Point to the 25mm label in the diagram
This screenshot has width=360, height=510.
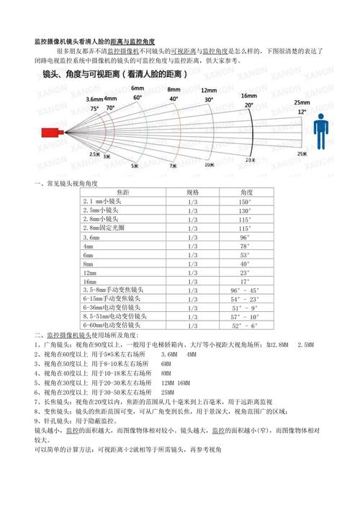(x=302, y=102)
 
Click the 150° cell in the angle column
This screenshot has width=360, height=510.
(x=246, y=202)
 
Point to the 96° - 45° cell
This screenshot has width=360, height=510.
(x=246, y=290)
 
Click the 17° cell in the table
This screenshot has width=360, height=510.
(x=245, y=281)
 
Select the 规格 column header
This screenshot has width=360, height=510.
(x=192, y=192)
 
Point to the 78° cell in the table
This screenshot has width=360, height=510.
(x=245, y=246)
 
